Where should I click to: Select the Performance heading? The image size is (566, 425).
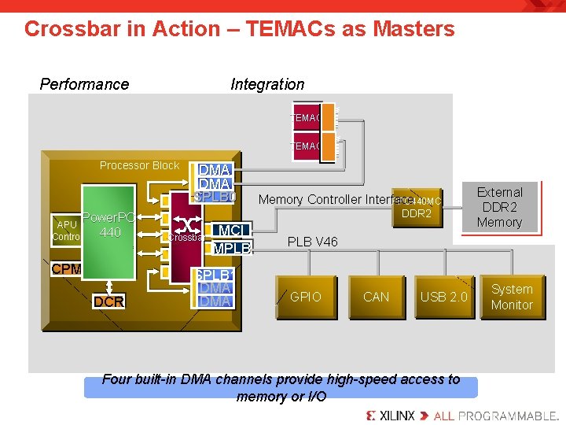point(84,84)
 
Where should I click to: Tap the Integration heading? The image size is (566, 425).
point(267,84)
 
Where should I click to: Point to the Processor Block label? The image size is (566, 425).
point(139,165)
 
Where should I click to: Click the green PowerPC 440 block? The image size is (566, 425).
point(109,236)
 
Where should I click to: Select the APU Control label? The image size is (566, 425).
point(65,231)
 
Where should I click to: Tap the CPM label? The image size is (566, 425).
point(66,269)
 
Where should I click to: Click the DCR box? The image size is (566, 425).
point(108,301)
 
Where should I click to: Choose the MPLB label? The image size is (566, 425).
point(231,249)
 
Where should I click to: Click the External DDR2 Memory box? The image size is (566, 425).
point(499,208)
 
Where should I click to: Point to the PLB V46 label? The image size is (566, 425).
point(312,242)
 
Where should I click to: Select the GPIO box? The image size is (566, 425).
point(306,297)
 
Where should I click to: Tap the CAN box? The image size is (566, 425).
point(376,297)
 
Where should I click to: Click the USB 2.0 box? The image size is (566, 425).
point(443,297)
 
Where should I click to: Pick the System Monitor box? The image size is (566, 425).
point(512,297)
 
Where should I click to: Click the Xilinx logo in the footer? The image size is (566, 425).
point(391,415)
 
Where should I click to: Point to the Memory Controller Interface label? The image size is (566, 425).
point(330,200)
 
